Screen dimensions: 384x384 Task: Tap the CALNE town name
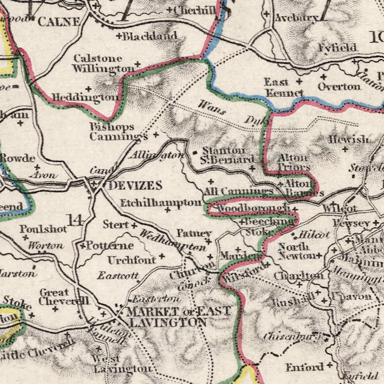click(x=59, y=21)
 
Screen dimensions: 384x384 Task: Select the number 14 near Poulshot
click(x=75, y=220)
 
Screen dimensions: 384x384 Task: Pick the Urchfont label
click(x=131, y=260)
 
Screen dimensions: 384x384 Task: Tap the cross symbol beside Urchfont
click(x=162, y=256)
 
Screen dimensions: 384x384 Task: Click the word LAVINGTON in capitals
click(x=167, y=323)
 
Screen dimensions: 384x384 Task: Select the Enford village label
click(x=305, y=367)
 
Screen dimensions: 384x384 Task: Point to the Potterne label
click(x=110, y=246)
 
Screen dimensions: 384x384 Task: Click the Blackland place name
click(x=149, y=36)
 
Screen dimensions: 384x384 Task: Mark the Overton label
click(x=339, y=87)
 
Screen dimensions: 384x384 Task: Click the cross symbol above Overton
click(x=323, y=77)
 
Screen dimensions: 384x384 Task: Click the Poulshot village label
click(x=43, y=229)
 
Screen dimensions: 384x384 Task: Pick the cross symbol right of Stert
click(x=134, y=225)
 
